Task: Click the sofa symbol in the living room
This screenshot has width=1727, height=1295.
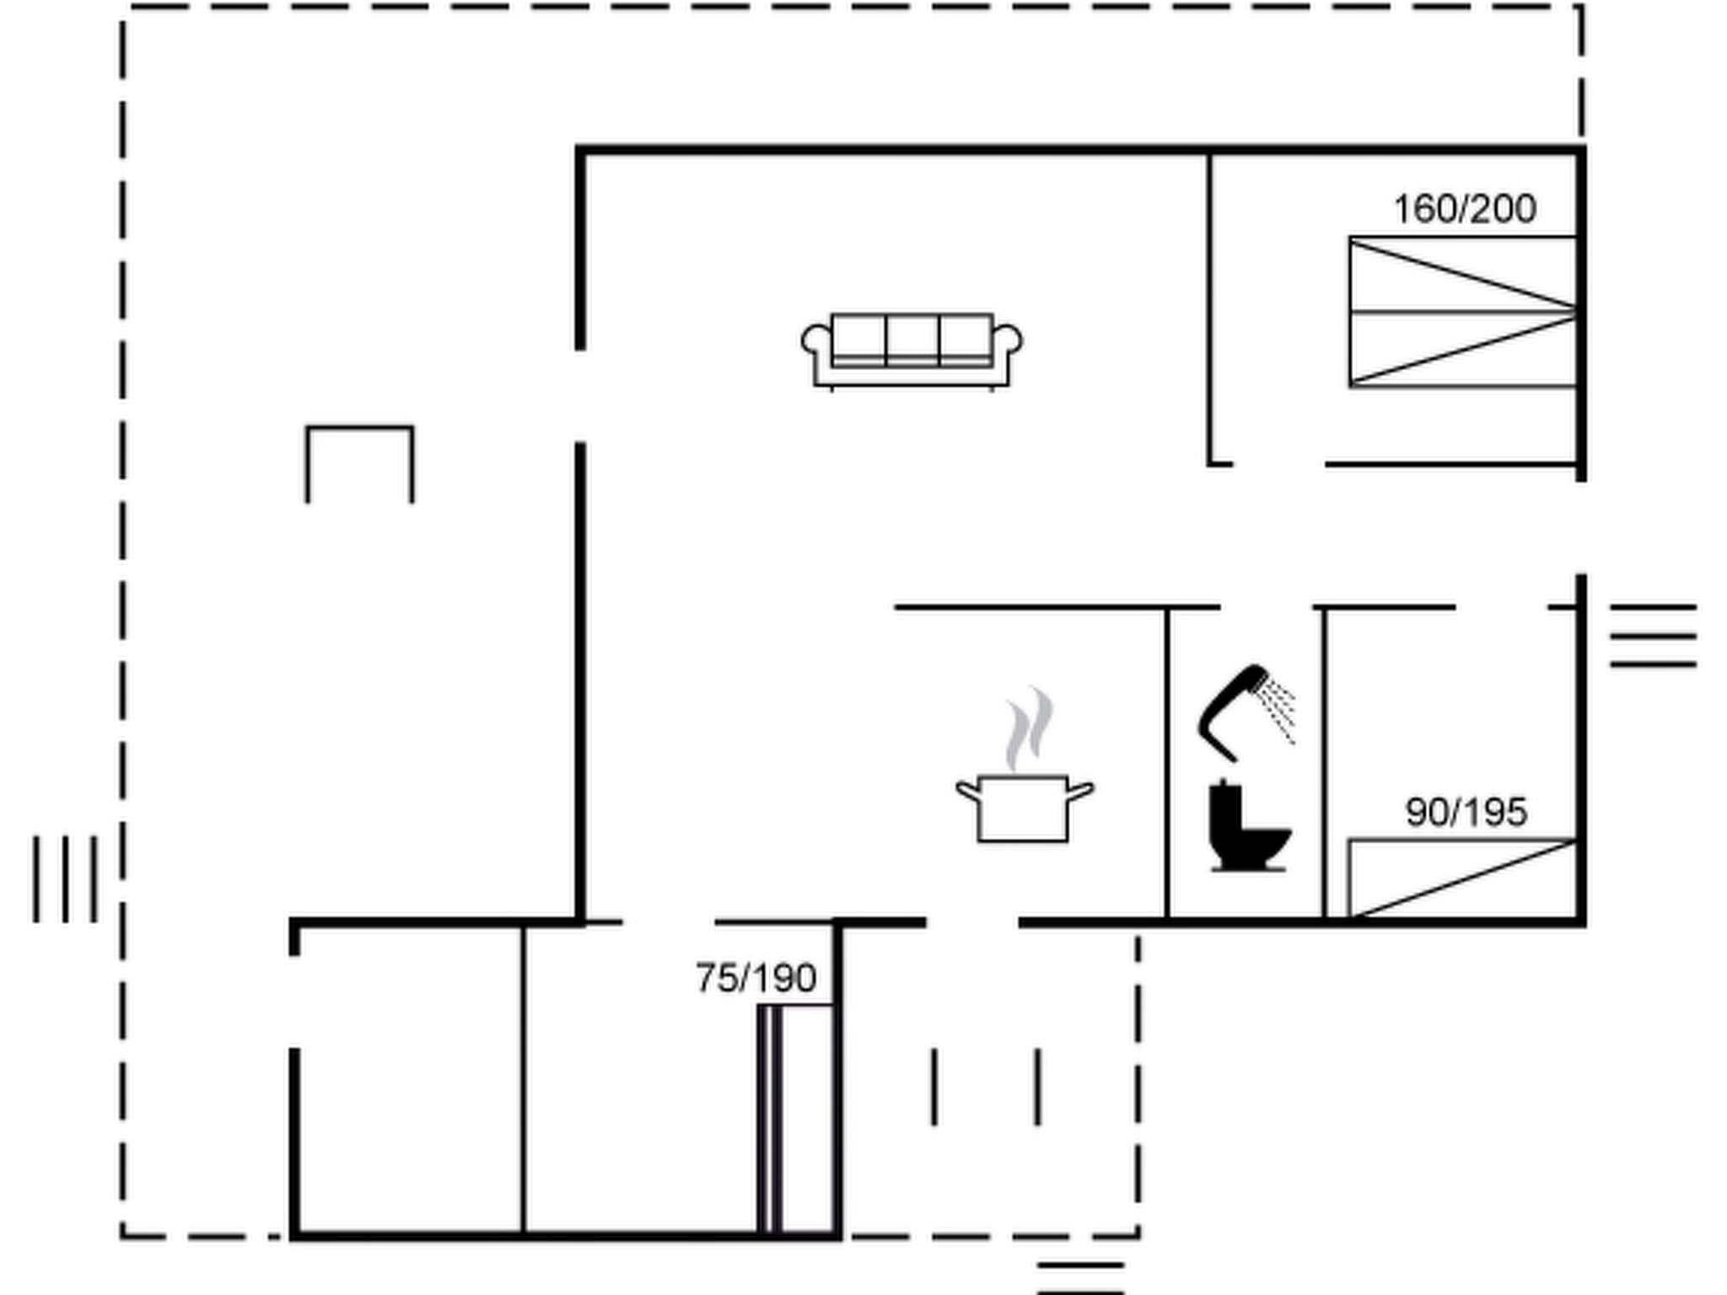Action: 912,350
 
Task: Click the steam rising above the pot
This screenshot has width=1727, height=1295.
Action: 1030,729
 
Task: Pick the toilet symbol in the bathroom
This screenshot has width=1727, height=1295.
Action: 1246,827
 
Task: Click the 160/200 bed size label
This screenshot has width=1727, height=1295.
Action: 1465,209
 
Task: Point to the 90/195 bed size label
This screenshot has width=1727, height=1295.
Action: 1466,813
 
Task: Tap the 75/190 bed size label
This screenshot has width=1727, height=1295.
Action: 756,979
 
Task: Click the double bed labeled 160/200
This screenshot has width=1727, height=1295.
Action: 1463,312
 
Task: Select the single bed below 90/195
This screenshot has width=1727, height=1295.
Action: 1463,878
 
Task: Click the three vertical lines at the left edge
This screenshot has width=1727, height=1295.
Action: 65,879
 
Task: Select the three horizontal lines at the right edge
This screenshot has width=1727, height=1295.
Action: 1653,636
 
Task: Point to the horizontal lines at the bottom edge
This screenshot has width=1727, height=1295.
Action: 1080,1278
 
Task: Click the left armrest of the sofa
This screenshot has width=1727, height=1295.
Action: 815,341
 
